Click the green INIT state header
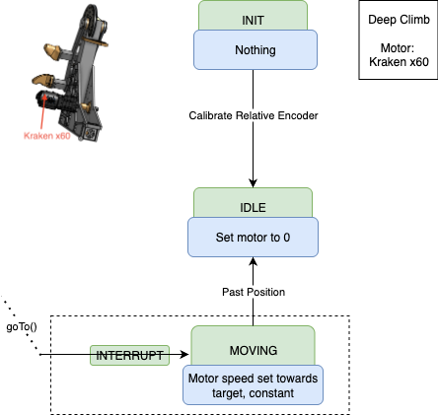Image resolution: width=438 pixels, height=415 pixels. point(255,17)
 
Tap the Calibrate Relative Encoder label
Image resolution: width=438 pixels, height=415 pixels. point(255,115)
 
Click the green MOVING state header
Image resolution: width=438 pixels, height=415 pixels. point(253,350)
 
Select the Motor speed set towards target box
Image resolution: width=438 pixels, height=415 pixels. point(254,384)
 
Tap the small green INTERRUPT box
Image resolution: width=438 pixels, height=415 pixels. point(128,355)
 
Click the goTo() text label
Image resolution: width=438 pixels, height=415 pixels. point(22,326)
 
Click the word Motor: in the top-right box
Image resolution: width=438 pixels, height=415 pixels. point(394,46)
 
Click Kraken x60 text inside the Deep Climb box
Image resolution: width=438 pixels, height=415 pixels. point(394,61)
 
